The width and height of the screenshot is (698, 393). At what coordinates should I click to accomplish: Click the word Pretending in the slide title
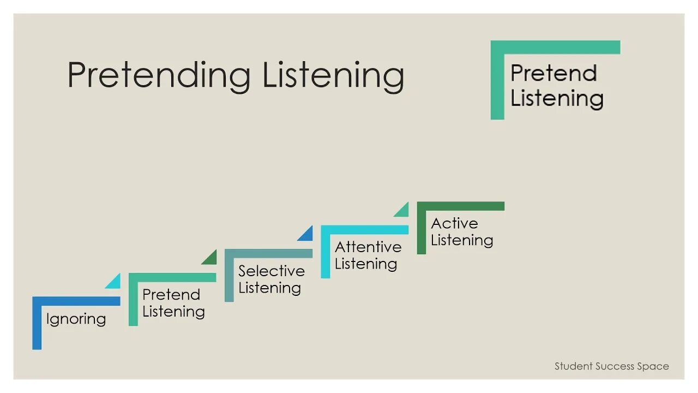tap(159, 75)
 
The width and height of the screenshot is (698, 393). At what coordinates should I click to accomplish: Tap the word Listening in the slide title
tap(333, 75)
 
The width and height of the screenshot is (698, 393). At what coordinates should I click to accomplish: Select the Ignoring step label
tap(76, 319)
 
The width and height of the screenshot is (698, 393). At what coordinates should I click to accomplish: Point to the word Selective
tap(271, 271)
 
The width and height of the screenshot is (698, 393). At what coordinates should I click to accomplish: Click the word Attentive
tap(368, 247)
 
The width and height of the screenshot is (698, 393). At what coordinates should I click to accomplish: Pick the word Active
tap(454, 223)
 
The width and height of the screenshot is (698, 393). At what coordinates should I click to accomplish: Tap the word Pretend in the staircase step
tap(171, 295)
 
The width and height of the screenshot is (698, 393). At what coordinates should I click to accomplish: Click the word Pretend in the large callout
tap(553, 73)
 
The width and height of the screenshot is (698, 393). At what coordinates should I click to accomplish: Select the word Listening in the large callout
tap(557, 99)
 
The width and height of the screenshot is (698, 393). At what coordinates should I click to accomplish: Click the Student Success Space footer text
tap(611, 366)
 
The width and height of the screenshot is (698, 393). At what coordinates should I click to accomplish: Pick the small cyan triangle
tap(115, 282)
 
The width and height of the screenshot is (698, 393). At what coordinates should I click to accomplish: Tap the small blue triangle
tap(307, 235)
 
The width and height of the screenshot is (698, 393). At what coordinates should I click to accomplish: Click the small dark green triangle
tap(211, 258)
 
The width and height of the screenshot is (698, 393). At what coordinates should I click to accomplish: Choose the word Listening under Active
tap(462, 240)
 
